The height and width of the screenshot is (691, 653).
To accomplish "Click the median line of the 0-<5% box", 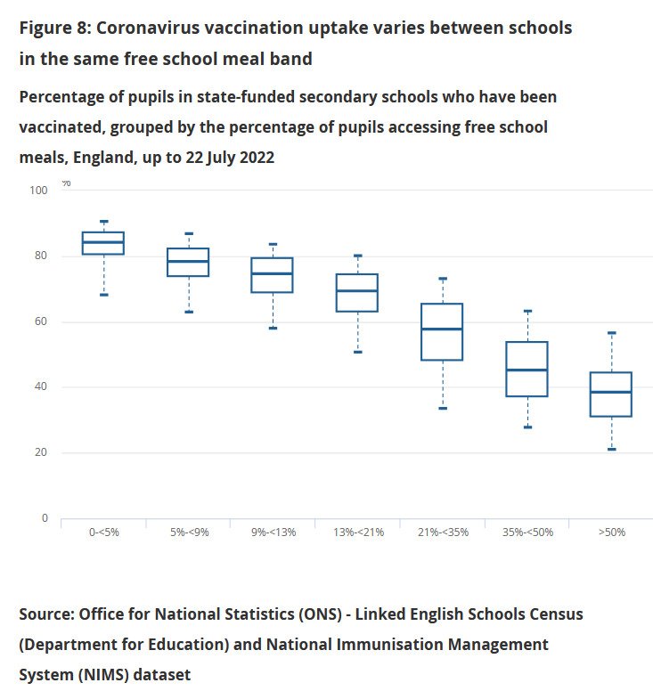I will [x=103, y=242].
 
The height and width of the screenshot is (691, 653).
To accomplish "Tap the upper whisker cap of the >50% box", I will [x=612, y=333].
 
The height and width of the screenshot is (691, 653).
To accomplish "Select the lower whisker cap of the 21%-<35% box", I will [x=442, y=408].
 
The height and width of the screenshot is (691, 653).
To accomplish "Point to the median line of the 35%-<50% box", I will [x=527, y=370].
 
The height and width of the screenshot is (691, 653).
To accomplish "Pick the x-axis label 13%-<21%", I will [x=357, y=532].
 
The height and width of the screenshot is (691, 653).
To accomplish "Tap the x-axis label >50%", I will [x=612, y=532].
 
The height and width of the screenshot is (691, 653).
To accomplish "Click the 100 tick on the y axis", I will [x=37, y=191].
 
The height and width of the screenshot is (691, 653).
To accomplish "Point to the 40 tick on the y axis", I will [x=40, y=387].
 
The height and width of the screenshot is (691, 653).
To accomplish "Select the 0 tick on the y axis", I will [x=43, y=518].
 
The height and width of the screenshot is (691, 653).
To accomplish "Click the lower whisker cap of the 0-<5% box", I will [x=103, y=295].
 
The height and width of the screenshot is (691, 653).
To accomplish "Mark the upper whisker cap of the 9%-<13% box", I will [x=273, y=244].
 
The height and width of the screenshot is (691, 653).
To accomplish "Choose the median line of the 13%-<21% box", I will [x=357, y=291].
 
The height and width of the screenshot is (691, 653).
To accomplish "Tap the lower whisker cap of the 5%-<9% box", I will [x=188, y=312].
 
